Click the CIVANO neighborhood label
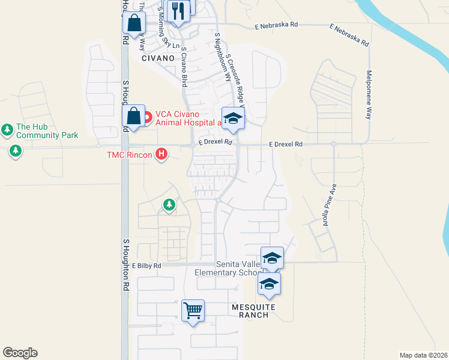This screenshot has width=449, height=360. click(158, 59)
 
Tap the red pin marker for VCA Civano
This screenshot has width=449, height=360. click(147, 113)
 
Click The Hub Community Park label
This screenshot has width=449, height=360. click(47, 131)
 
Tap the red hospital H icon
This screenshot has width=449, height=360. click(161, 155)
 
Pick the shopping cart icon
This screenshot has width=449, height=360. click(193, 311)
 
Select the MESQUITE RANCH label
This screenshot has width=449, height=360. click(253, 311)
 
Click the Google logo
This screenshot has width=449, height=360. click(20, 353)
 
